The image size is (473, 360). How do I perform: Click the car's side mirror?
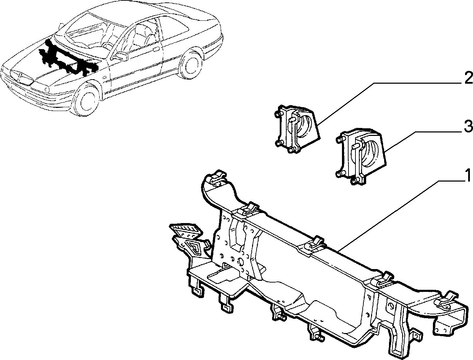121,56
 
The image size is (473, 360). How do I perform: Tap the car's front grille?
21,78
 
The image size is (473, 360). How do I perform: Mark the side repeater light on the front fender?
104,77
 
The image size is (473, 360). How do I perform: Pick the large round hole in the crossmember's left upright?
240,261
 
